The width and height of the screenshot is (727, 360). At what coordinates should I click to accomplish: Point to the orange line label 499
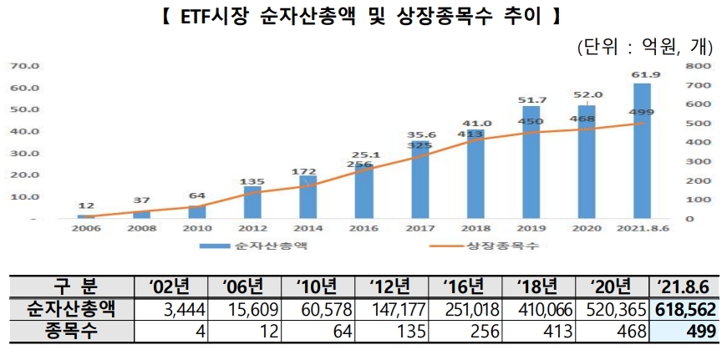[640, 113]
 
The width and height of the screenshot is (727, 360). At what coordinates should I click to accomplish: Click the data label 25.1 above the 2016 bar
[364, 155]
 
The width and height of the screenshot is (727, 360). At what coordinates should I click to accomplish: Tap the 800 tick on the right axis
[700, 65]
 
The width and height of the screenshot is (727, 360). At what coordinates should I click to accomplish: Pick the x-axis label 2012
[252, 226]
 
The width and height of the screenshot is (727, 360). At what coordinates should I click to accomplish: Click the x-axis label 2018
[475, 226]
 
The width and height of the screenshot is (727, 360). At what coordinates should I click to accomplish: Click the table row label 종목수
[71, 331]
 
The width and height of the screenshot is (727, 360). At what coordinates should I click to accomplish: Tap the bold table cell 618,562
[684, 309]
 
